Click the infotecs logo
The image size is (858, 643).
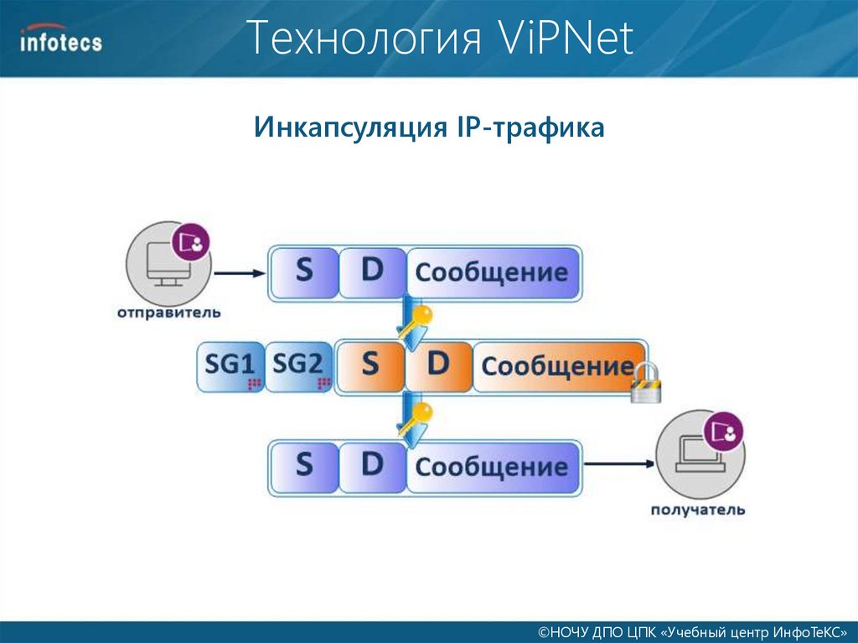(x=61, y=39)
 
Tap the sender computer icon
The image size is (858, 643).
(x=163, y=260)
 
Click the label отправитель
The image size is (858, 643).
(x=168, y=314)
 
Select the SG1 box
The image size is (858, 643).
(x=230, y=367)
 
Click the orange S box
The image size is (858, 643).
(x=370, y=366)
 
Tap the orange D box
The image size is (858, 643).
(x=438, y=366)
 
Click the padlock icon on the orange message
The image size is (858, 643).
(x=647, y=384)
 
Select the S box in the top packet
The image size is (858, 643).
(x=303, y=272)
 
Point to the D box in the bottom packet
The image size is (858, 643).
(x=372, y=465)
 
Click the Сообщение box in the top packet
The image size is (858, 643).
(x=493, y=272)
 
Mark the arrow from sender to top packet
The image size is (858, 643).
(x=239, y=272)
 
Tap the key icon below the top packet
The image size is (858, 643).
(x=416, y=323)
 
